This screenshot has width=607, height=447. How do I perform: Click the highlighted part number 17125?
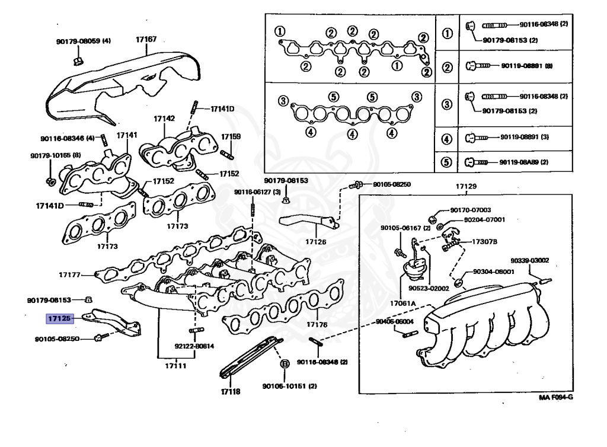60,318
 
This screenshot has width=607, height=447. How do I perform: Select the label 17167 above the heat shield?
146,39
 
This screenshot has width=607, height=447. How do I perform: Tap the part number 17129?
465,187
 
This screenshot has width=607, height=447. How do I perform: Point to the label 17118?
230,392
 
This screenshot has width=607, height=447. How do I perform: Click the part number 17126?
316,242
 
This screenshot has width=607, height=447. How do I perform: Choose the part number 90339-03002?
530,260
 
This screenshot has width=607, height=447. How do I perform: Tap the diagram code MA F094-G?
556,398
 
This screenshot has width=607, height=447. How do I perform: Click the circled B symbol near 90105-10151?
284,363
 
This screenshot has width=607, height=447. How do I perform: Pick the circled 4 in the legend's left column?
448,140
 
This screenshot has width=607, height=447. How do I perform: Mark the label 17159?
231,137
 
